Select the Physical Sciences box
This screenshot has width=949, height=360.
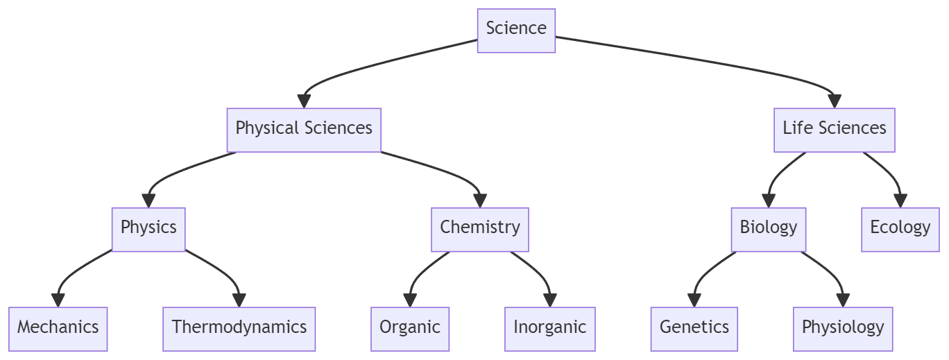click(304, 129)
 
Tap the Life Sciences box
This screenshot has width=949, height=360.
click(834, 129)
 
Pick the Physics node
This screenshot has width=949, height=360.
click(148, 228)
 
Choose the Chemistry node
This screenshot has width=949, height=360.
click(479, 228)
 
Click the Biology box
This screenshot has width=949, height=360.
click(768, 228)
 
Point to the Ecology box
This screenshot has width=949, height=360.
click(900, 228)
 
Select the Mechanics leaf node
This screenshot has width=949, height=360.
click(58, 328)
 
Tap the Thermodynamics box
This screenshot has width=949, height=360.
click(239, 328)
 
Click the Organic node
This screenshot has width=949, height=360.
click(410, 328)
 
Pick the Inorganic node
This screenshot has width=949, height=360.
click(549, 328)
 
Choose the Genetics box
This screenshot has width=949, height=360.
click(694, 328)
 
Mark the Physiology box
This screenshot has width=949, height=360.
click(843, 328)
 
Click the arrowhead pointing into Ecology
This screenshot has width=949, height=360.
click(900, 200)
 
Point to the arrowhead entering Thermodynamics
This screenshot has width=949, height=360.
click(239, 300)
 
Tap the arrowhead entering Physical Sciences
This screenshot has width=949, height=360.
click(304, 101)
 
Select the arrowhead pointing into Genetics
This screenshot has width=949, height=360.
click(694, 300)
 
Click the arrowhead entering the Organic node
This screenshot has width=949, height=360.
click(410, 300)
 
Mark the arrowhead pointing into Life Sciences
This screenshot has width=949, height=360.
click(834, 101)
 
